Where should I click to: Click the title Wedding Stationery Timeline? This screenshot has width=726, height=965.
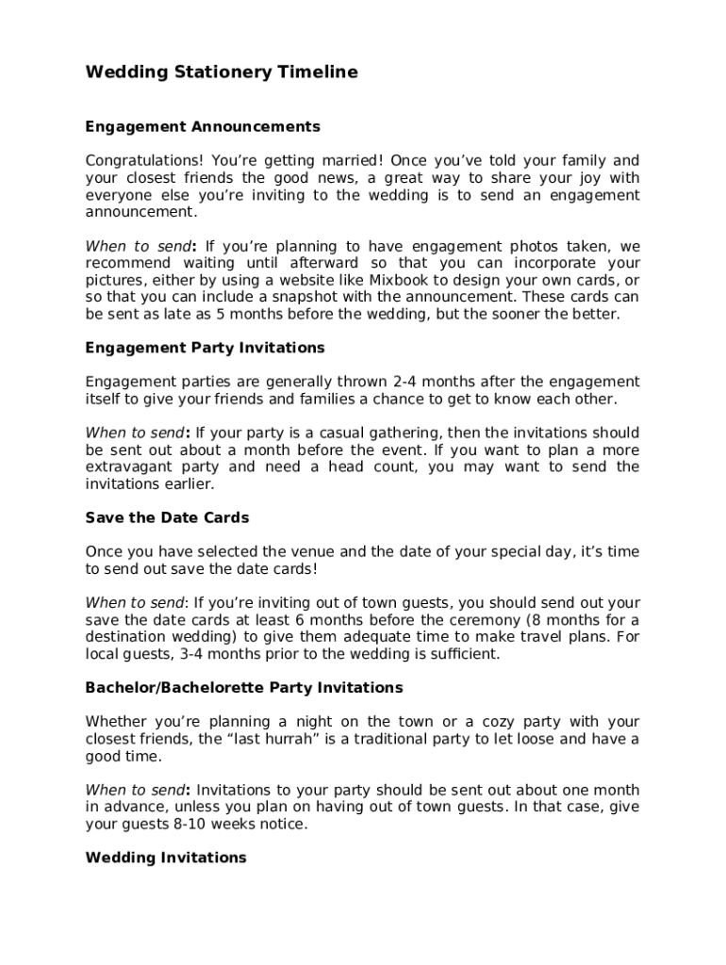click(222, 73)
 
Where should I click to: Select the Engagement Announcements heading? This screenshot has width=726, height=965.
click(203, 126)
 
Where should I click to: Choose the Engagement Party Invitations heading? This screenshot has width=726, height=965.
click(205, 348)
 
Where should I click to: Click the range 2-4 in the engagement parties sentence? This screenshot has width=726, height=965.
click(407, 382)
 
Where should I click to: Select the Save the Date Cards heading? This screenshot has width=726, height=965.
click(167, 517)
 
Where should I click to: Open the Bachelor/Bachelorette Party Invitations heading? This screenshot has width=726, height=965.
click(244, 688)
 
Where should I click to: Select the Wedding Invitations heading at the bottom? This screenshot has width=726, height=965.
click(166, 858)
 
